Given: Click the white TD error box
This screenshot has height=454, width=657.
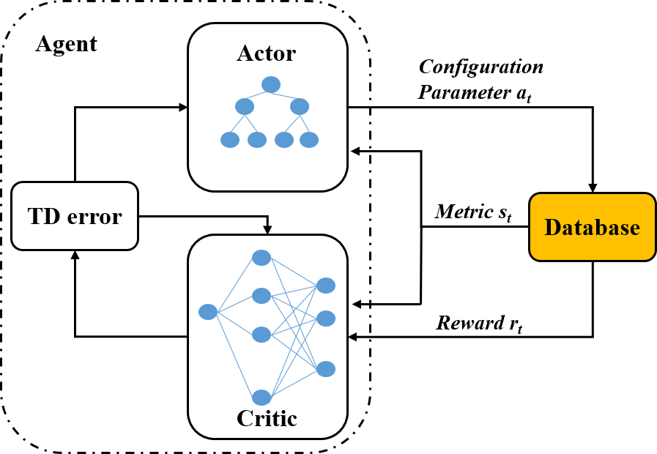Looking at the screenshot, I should click(75, 216).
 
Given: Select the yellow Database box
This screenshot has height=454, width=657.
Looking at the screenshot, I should click(593, 227).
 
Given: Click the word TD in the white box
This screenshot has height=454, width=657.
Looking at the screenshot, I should click(42, 217).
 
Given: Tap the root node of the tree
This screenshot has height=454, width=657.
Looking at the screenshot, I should click(271, 85).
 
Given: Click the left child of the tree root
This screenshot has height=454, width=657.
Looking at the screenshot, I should click(245, 107).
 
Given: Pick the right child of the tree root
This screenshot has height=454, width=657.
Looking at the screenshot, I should click(300, 107).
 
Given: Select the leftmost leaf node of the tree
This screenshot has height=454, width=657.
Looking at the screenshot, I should click(230, 140).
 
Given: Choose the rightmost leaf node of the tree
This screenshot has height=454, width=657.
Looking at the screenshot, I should click(309, 140).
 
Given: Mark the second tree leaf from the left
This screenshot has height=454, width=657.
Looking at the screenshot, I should click(257, 140).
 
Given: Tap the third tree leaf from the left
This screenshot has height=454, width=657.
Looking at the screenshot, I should click(284, 140).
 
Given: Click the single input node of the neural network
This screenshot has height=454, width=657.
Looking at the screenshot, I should click(208, 312).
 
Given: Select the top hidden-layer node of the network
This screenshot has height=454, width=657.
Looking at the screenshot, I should click(261, 258).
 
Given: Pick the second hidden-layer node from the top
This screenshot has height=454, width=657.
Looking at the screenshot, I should click(261, 296).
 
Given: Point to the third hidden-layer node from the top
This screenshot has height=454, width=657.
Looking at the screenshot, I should click(261, 335).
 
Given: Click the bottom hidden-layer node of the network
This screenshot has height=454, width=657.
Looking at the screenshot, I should click(261, 398).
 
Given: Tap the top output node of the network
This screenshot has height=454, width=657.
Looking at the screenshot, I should click(326, 286).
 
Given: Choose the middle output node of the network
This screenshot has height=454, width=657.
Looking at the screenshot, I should click(326, 319).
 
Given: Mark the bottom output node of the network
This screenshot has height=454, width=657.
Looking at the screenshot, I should click(326, 369).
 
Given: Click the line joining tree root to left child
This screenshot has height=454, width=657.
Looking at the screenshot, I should click(256, 95).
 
